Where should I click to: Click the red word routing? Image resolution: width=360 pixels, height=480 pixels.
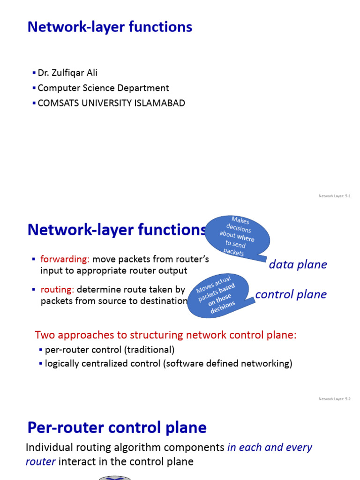pyautogui.click(x=57, y=290)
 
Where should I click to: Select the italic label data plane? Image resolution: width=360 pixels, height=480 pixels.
pyautogui.click(x=298, y=265)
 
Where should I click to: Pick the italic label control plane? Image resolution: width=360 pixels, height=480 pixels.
pyautogui.click(x=291, y=294)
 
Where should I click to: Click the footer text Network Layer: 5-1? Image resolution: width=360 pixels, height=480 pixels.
pyautogui.click(x=335, y=196)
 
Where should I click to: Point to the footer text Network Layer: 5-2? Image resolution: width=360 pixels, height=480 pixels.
pyautogui.click(x=335, y=399)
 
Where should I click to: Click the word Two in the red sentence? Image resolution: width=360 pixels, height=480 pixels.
pyautogui.click(x=44, y=335)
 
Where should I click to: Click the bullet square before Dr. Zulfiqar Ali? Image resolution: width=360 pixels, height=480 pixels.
pyautogui.click(x=34, y=73)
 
